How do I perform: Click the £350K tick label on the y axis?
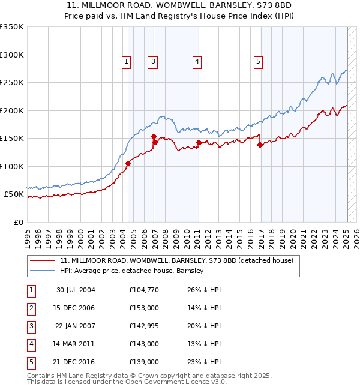11,27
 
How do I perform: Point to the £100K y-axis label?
11,166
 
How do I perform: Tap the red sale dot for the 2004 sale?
128,163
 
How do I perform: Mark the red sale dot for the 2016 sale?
260,145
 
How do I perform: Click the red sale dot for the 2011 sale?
199,143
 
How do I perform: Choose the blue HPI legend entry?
132,271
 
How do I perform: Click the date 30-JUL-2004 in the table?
76,290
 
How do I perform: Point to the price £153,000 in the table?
144,308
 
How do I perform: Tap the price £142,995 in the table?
144,326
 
